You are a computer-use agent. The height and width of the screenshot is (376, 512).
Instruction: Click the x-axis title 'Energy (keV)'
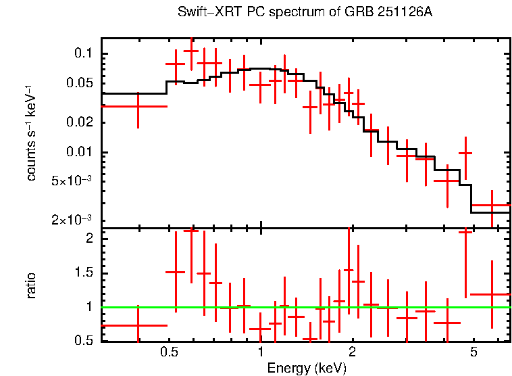tap(307, 369)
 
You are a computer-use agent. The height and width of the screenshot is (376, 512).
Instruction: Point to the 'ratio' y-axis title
tap(31, 286)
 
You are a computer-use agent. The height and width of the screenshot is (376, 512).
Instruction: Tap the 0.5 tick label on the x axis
tap(169, 354)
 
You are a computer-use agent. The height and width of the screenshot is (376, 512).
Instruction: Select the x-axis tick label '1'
tap(261, 354)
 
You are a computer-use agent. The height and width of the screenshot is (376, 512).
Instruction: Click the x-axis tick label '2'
tap(352, 354)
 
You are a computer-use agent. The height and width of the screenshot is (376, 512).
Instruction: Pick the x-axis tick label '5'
tap(473, 354)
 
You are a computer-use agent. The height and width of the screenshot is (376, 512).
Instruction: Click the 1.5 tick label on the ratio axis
tap(84, 273)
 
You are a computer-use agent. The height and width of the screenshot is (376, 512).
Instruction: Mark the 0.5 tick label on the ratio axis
tap(84, 340)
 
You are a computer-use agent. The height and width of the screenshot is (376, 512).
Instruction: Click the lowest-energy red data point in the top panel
tap(138, 106)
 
